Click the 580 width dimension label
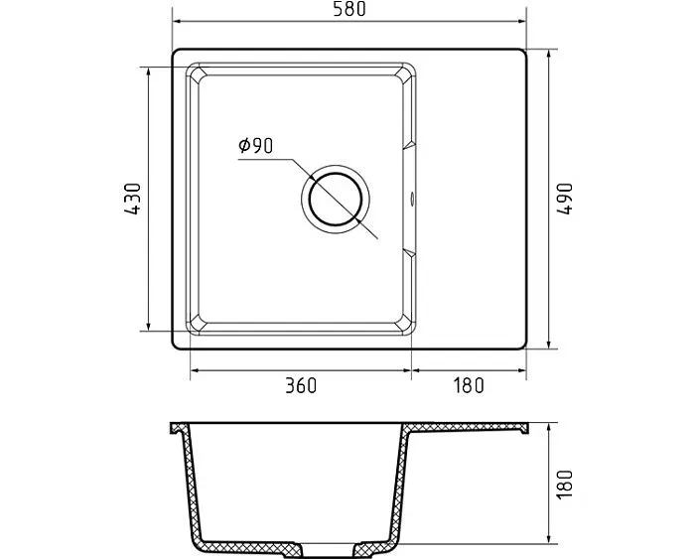pyautogui.click(x=349, y=9)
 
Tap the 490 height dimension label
pyautogui.click(x=565, y=199)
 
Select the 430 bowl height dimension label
pyautogui.click(x=132, y=199)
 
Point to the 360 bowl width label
pyautogui.click(x=301, y=385)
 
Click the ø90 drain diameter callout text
pyautogui.click(x=256, y=146)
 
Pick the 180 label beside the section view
pyautogui.click(x=565, y=484)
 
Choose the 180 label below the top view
pyautogui.click(x=469, y=385)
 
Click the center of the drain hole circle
pyautogui.click(x=336, y=198)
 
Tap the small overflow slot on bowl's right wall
pyautogui.click(x=413, y=199)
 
